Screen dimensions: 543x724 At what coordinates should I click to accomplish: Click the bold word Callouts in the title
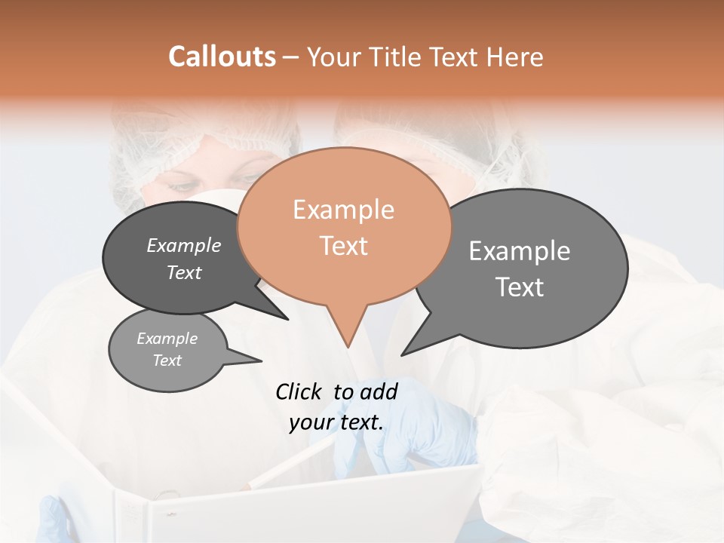pyautogui.click(x=222, y=57)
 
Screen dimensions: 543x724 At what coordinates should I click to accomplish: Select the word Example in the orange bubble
pyautogui.click(x=343, y=210)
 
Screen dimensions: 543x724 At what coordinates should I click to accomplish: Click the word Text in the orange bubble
pyautogui.click(x=343, y=246)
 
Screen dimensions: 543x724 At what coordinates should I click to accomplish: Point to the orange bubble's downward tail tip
pyautogui.click(x=348, y=347)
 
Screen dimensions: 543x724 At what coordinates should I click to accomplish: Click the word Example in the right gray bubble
pyautogui.click(x=519, y=251)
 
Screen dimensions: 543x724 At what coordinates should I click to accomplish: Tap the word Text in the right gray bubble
pyautogui.click(x=519, y=287)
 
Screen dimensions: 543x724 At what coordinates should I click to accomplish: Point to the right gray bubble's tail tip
pyautogui.click(x=402, y=355)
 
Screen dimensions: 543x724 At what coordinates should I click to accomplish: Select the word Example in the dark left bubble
pyautogui.click(x=183, y=245)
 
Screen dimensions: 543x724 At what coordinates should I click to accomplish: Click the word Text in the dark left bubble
pyautogui.click(x=183, y=272)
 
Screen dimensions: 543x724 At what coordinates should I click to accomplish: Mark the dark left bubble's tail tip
pyautogui.click(x=288, y=319)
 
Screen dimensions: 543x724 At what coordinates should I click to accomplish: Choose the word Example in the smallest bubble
pyautogui.click(x=167, y=339)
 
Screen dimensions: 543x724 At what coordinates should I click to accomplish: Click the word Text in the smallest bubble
pyautogui.click(x=167, y=360)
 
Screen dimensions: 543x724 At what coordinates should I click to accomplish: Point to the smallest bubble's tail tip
pyautogui.click(x=262, y=360)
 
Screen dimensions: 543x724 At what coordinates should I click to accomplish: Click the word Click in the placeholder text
pyautogui.click(x=298, y=391)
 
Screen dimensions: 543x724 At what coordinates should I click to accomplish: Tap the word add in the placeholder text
pyautogui.click(x=379, y=391)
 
